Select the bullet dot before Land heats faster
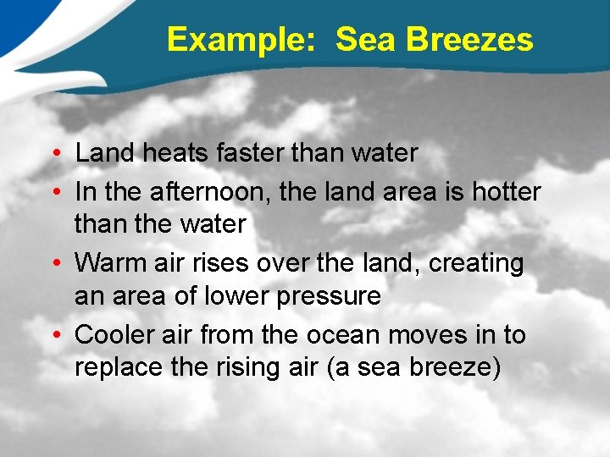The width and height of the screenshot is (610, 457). (53, 154)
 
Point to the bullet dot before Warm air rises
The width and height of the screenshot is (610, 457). (53, 264)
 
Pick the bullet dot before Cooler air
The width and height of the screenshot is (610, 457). (53, 336)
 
